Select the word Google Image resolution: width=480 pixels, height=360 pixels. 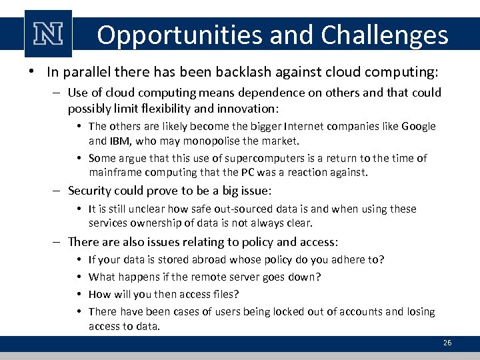(419, 127)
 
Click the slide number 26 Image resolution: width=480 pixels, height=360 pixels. (447, 343)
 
